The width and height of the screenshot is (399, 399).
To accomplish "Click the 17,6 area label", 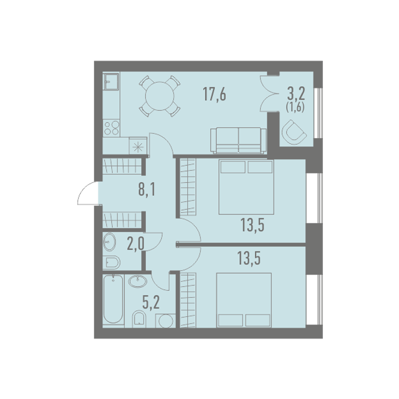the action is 214,94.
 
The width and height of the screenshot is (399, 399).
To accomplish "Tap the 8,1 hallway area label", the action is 147,189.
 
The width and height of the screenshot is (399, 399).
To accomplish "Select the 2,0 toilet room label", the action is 136,244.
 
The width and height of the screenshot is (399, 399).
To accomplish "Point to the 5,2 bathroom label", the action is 151,302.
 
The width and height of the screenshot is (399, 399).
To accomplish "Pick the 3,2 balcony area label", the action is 296,94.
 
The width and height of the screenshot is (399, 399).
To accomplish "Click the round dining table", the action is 160,96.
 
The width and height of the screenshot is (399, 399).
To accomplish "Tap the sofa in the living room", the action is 238,141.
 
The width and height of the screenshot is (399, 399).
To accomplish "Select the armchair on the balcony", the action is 294,132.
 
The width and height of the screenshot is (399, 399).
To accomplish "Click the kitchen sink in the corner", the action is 111,81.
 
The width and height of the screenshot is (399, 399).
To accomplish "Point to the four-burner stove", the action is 111,128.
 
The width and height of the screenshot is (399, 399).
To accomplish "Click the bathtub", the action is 113,300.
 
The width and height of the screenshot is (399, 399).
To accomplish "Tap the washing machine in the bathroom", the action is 165,321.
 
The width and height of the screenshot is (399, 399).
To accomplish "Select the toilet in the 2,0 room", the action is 111,262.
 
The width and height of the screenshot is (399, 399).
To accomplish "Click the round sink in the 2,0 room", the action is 110,242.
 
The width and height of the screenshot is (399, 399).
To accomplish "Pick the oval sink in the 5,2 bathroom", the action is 138,281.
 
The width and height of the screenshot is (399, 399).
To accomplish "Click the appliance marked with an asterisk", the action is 138,146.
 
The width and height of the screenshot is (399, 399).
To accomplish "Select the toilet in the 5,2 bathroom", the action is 139,319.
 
